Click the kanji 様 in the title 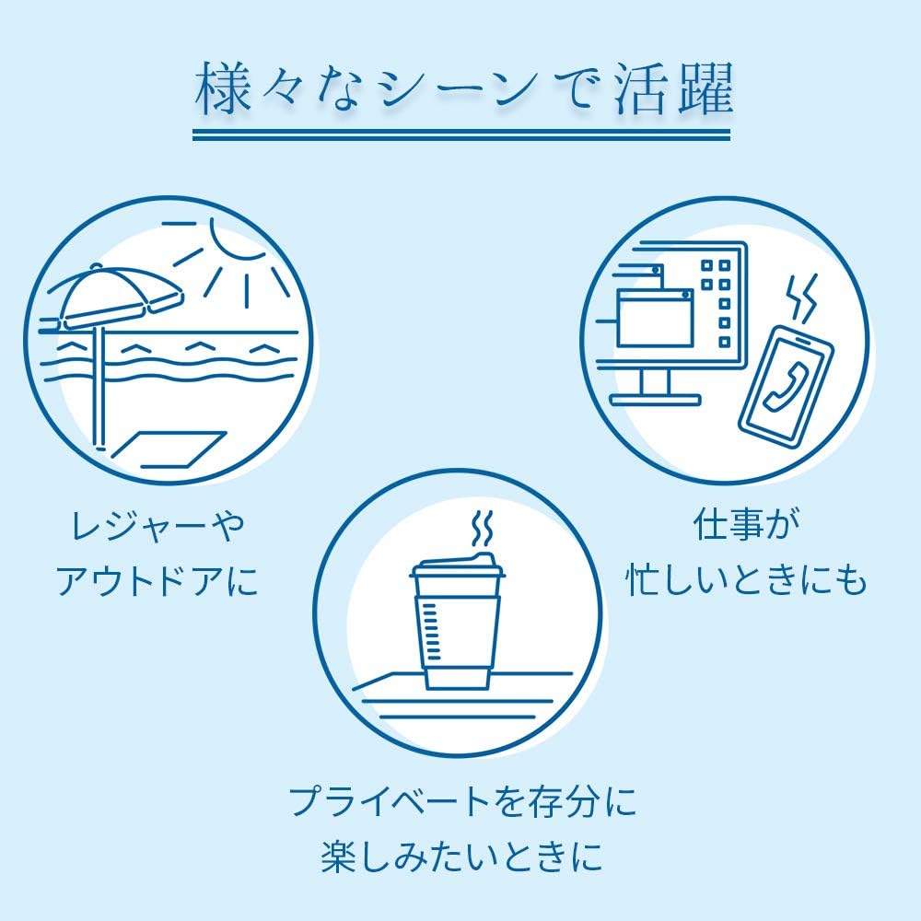(x=222, y=89)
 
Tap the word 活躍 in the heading (x=674, y=88)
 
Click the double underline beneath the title (x=461, y=134)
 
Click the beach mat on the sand (x=169, y=449)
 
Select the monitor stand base (x=656, y=400)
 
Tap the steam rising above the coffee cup (x=482, y=528)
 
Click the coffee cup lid (x=458, y=565)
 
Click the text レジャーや (x=157, y=526)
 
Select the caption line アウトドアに (x=157, y=581)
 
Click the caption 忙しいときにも (x=746, y=579)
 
